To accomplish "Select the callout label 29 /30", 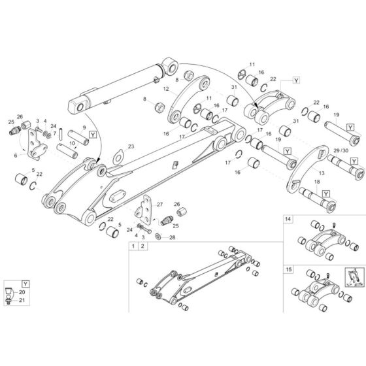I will click(x=341, y=151).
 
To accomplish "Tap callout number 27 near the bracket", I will click(x=159, y=205).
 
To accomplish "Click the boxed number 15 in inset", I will click(x=288, y=269).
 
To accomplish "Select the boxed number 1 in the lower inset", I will click(x=133, y=246).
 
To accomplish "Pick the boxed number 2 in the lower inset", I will click(x=142, y=246).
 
